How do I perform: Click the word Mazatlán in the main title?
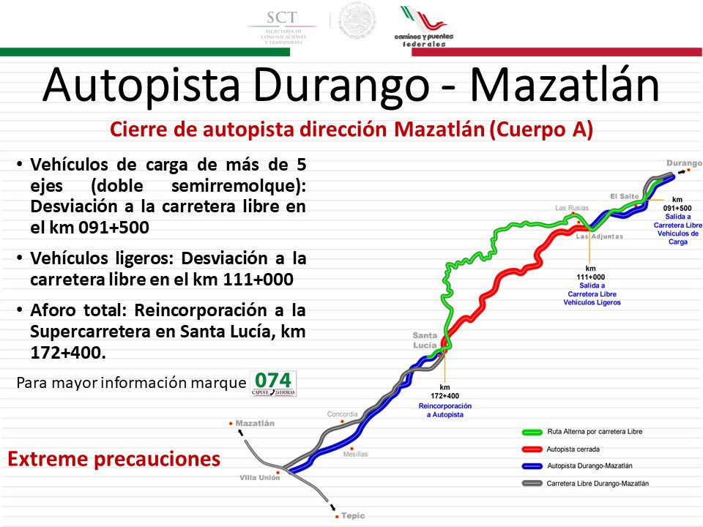coord(564,85)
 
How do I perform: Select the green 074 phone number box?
coord(273,383)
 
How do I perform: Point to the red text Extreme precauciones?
coord(114,459)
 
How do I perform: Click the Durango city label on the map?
coord(684,162)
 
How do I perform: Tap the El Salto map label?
coord(625,196)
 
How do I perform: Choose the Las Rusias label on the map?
coord(572,208)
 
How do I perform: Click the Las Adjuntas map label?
coord(599,236)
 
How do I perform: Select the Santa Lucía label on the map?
coord(425,340)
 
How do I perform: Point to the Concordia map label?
coord(342,414)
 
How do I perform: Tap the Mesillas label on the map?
coord(355,455)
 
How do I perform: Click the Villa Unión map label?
coord(259,477)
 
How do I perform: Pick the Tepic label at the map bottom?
coord(353,515)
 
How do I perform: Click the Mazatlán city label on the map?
coord(255,423)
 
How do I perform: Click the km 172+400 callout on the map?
coord(445,392)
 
